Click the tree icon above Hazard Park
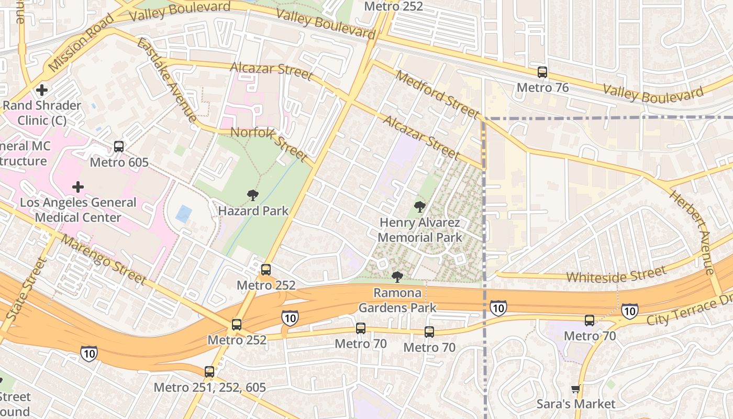click(253, 196)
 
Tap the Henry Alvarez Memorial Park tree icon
click(419, 207)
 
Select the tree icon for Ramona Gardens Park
click(397, 277)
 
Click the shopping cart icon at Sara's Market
click(575, 389)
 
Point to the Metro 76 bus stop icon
click(542, 72)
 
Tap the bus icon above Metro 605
click(119, 147)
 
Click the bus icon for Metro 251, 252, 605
click(209, 372)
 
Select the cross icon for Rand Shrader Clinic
click(42, 90)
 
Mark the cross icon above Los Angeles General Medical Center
click(78, 187)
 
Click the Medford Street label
click(437, 94)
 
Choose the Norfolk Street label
click(269, 144)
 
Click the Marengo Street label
click(103, 259)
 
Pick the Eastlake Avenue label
click(167, 79)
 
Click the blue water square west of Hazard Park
click(184, 214)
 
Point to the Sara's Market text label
click(576, 404)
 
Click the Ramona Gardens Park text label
click(397, 300)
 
